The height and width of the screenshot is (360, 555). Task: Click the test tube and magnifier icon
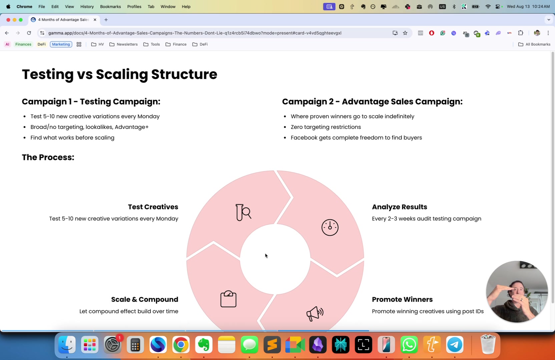[x=243, y=212]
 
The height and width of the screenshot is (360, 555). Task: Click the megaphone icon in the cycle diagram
[x=315, y=313]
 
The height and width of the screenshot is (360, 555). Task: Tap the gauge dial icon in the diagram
[x=330, y=227]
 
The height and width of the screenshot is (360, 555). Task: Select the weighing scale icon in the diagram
[x=228, y=299]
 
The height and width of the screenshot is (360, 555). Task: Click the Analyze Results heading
[x=399, y=207]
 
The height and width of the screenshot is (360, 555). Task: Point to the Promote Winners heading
[x=402, y=299]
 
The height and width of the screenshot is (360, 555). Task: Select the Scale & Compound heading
[x=145, y=299]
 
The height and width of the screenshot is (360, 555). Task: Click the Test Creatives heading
[x=153, y=207]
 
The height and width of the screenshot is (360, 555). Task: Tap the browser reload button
[x=29, y=33]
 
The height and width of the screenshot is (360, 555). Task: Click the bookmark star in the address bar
[x=405, y=33]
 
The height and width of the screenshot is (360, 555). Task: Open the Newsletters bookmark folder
[x=123, y=44]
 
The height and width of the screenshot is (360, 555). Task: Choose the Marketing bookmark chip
[x=61, y=44]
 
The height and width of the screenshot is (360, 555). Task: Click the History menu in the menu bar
[x=87, y=7]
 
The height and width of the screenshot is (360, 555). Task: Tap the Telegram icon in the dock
[x=455, y=344]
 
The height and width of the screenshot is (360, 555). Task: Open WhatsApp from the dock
[x=409, y=344]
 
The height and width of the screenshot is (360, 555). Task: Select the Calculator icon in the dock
[x=135, y=344]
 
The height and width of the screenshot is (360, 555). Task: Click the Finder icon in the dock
[x=67, y=344]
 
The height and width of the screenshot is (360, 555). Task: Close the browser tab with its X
[x=95, y=20]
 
